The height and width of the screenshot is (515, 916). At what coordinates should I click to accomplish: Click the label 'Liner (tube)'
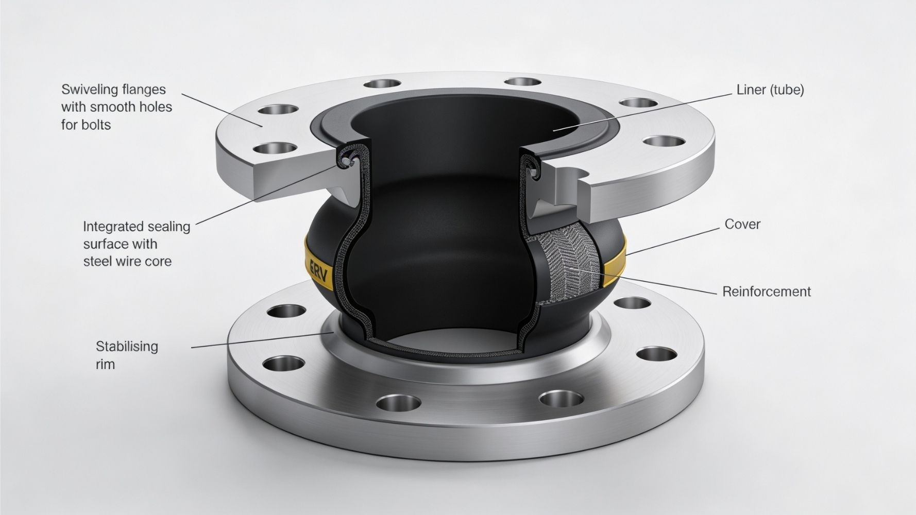click(770, 90)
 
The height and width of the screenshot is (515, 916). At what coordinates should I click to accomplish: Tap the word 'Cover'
click(742, 225)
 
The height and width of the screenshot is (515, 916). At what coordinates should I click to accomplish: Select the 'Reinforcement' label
click(766, 291)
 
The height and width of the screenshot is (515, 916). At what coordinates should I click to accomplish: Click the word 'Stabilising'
click(127, 346)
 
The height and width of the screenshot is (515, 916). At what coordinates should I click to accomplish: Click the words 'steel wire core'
click(127, 262)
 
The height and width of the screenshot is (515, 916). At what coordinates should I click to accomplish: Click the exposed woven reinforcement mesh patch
click(572, 268)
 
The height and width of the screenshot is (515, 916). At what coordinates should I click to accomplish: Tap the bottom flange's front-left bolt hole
click(398, 402)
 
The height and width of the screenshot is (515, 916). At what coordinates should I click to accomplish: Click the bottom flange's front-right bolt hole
click(561, 398)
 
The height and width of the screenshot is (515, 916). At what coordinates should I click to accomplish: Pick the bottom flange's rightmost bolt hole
click(656, 354)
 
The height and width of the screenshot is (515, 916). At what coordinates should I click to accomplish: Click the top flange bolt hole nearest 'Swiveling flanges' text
click(279, 110)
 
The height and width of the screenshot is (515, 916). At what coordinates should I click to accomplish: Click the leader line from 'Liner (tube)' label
click(644, 111)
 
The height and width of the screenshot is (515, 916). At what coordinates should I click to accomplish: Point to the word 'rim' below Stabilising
click(105, 365)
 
